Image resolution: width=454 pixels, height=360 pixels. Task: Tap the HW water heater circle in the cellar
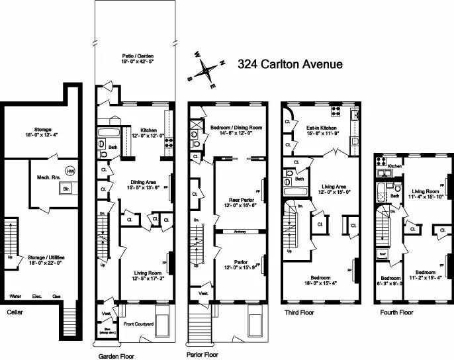coord(70,169)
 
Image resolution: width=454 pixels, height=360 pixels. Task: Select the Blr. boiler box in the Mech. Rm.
coord(66,188)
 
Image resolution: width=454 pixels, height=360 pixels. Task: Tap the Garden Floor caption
coord(116,355)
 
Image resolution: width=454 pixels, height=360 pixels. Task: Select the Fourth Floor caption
coord(396,312)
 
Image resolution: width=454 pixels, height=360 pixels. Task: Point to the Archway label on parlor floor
coord(239,232)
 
